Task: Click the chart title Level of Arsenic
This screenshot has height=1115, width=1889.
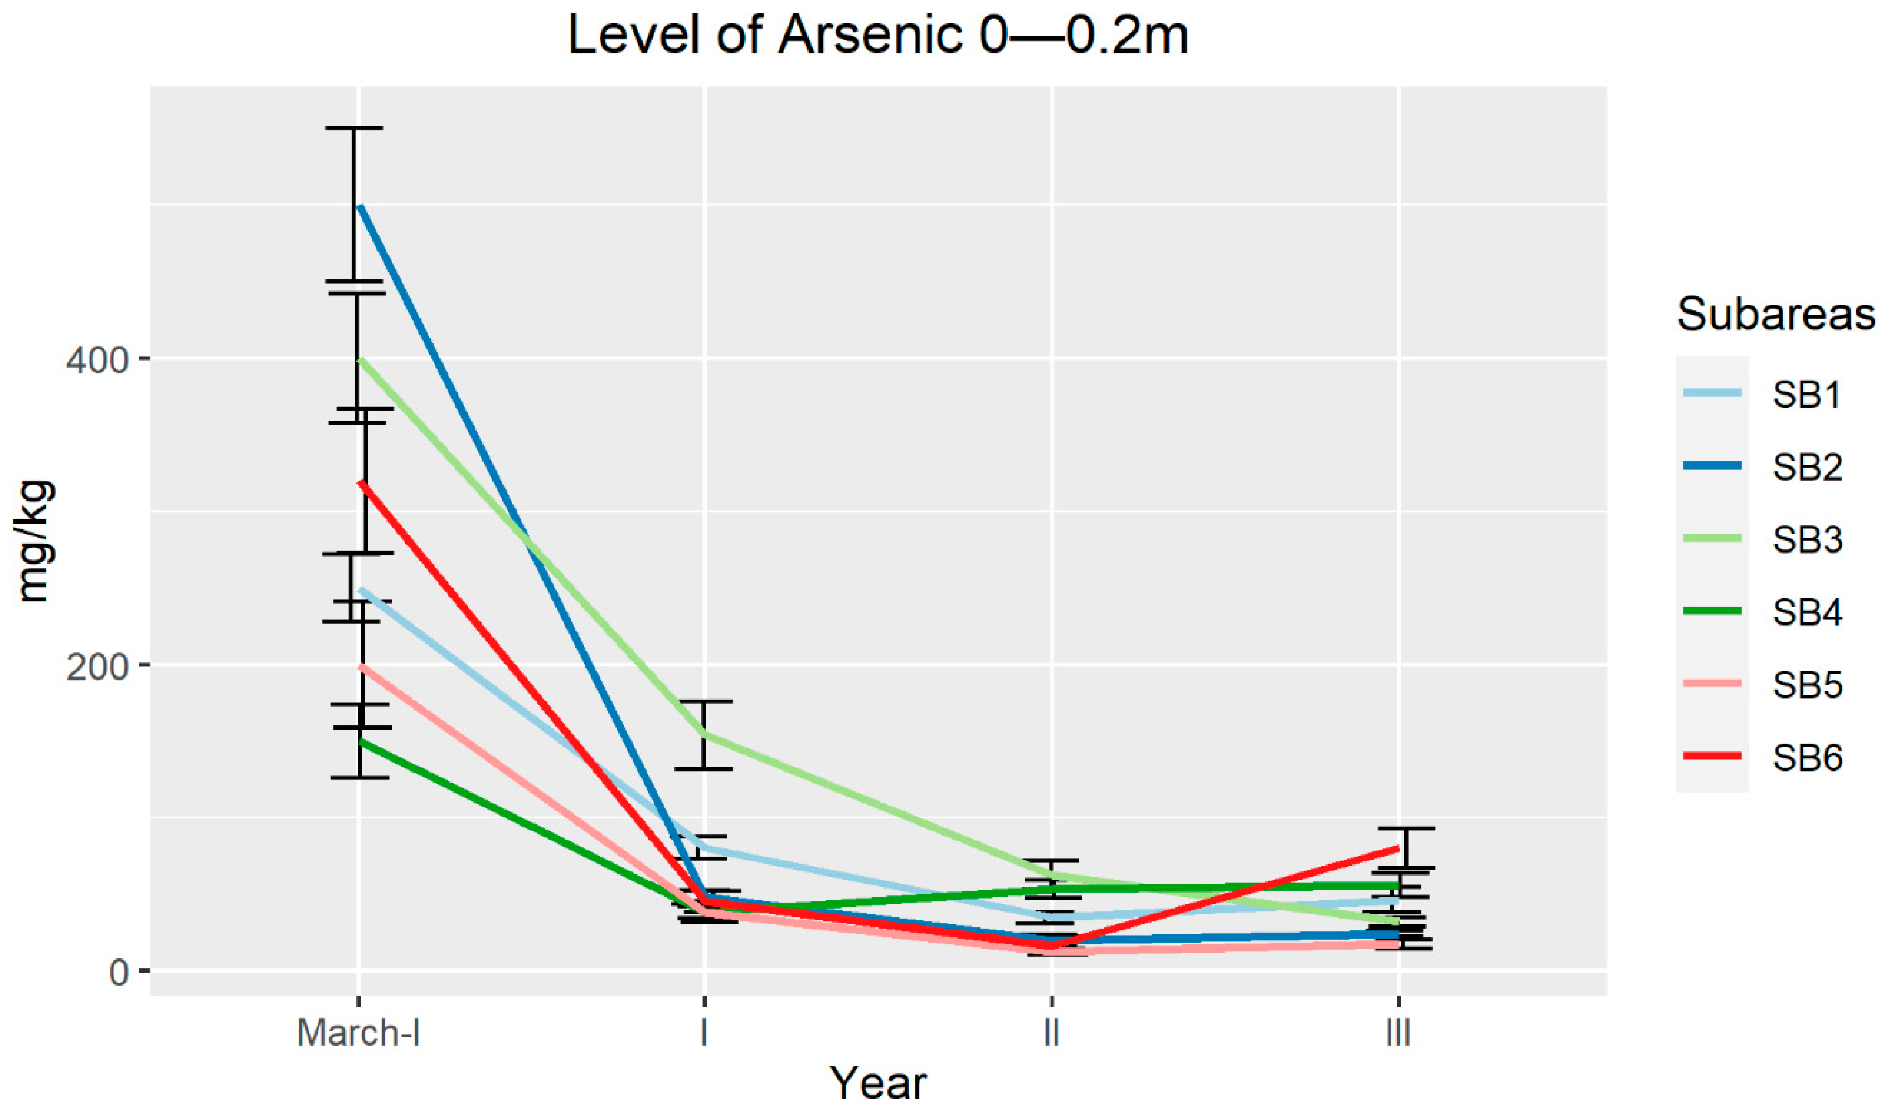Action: coord(877,35)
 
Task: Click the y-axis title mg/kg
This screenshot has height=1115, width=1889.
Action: coord(34,540)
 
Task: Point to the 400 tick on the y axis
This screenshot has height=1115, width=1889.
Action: coord(98,360)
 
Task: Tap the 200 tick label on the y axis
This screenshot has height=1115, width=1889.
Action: coord(98,666)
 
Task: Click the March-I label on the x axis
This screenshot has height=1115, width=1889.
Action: coord(358,1033)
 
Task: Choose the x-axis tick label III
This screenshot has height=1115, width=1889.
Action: coord(1398,1033)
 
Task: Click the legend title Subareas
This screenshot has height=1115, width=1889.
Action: coord(1776,314)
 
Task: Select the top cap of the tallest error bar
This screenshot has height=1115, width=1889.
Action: coord(354,129)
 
